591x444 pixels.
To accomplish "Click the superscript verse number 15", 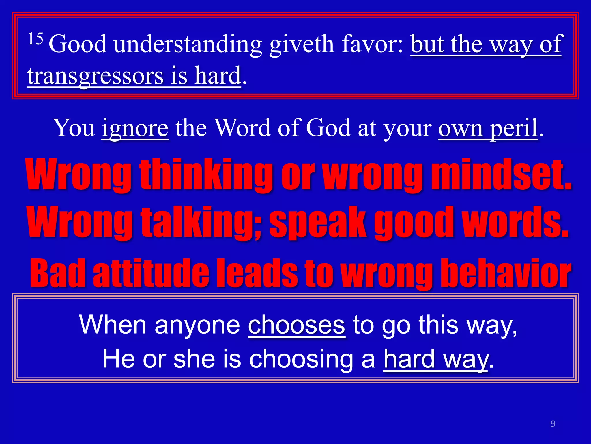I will (x=35, y=39).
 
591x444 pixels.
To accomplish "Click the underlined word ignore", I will (x=135, y=128).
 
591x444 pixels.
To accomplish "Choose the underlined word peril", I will (x=514, y=128).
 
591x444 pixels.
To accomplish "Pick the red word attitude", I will (x=151, y=273).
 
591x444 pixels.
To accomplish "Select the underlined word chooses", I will (x=296, y=325).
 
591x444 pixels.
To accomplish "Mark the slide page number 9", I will (x=553, y=423).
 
